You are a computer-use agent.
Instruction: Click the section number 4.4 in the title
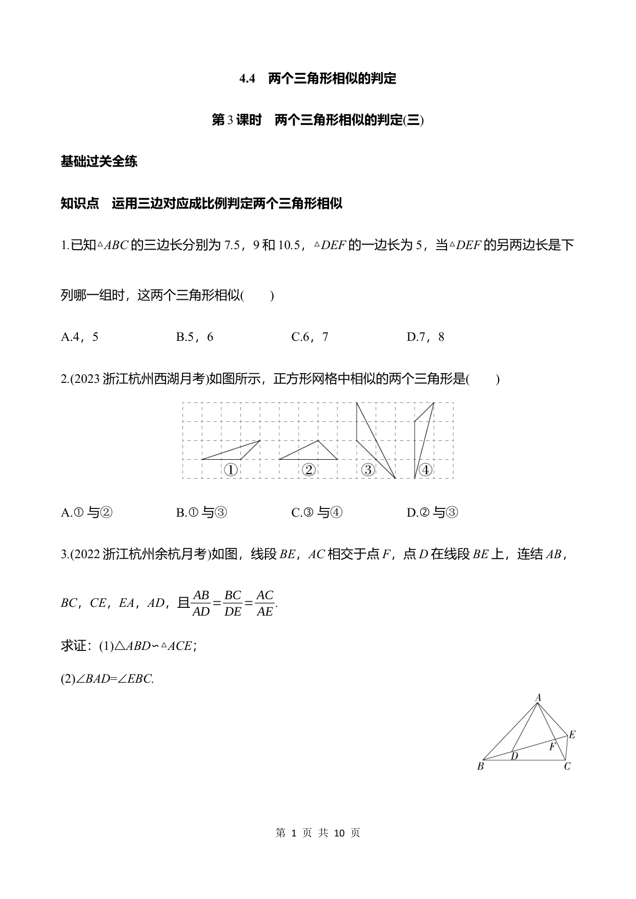(247, 79)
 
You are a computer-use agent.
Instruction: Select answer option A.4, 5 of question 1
(79, 337)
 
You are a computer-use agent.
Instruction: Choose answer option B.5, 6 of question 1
(194, 337)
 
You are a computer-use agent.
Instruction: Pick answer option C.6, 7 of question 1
(310, 337)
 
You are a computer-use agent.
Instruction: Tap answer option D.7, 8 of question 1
(425, 337)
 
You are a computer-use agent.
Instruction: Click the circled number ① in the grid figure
(231, 469)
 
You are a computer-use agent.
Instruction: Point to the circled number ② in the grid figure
(309, 469)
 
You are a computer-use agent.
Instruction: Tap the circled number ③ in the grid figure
(368, 469)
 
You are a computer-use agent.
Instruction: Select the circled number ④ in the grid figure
(425, 469)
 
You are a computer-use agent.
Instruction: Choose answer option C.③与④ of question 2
(317, 513)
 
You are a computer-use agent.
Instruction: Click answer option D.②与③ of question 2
(432, 513)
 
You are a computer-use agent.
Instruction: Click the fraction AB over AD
(201, 603)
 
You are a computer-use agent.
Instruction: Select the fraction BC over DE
(233, 603)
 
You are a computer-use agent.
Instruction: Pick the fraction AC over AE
(264, 603)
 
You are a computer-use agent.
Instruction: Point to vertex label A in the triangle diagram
(538, 697)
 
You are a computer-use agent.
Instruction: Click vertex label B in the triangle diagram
(480, 767)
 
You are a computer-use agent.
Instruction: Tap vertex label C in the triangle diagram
(567, 767)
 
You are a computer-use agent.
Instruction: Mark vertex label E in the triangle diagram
(572, 734)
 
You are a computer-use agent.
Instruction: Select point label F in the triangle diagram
(552, 747)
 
